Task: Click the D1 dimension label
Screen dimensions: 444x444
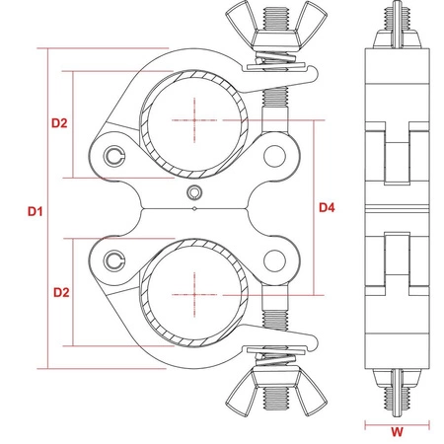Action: pos(36,211)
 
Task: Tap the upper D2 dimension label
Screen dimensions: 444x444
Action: pos(59,123)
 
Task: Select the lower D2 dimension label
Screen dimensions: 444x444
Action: pos(61,292)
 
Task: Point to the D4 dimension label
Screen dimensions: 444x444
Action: pos(327,207)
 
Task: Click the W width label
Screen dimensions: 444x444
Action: pos(397,432)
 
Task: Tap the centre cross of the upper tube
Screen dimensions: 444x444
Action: pos(194,120)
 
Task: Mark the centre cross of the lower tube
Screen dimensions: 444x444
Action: pos(194,295)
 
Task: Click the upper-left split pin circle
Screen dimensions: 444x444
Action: pos(114,156)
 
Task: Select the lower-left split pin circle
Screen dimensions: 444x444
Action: pos(114,260)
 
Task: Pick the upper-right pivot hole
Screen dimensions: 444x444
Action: pos(274,156)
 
